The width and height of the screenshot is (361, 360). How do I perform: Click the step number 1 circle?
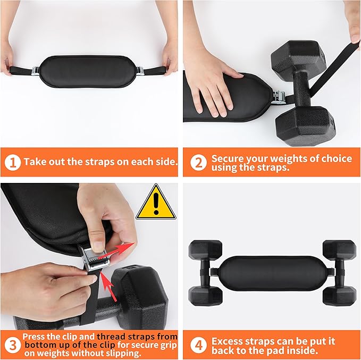pyautogui.click(x=12, y=162)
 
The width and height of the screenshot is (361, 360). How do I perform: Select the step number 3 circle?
pyautogui.click(x=12, y=345)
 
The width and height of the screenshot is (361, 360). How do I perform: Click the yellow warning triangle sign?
pyautogui.click(x=155, y=203)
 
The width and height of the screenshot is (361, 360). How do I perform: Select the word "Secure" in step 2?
pyautogui.click(x=228, y=158)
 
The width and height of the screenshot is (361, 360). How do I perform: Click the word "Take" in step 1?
pyautogui.click(x=34, y=162)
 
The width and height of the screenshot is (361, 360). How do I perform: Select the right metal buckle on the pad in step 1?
pyautogui.click(x=140, y=70)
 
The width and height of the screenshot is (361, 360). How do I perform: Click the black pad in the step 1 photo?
pyautogui.click(x=88, y=69)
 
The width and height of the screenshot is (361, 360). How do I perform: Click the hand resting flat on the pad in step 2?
pyautogui.click(x=213, y=85)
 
